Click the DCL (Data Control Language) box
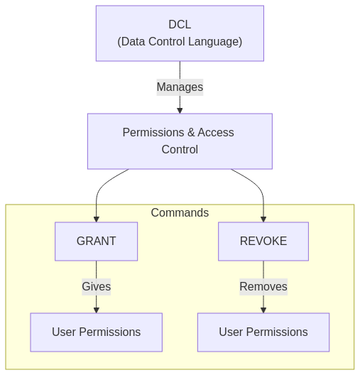click(180, 33)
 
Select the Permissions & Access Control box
click(180, 141)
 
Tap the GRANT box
click(97, 241)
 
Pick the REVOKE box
click(263, 241)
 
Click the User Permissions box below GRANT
click(97, 332)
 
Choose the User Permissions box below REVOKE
click(263, 332)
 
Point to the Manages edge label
click(180, 87)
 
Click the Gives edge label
click(97, 287)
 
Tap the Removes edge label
click(263, 287)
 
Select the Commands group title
click(180, 212)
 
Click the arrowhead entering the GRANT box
click(97, 219)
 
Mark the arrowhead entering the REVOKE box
click(263, 219)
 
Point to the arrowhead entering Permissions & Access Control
click(180, 111)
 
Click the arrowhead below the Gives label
click(97, 310)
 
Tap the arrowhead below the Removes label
click(263, 310)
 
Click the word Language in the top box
click(215, 42)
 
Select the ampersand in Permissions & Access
click(191, 133)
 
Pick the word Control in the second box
click(180, 149)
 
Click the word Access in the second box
click(216, 133)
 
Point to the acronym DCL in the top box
click(180, 24)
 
